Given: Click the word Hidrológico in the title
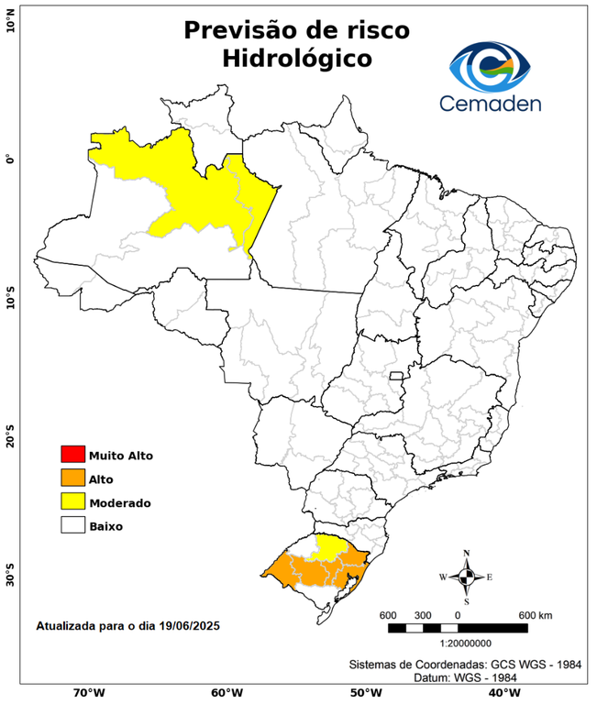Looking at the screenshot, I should (x=296, y=59).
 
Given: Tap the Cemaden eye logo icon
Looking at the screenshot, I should (x=495, y=62).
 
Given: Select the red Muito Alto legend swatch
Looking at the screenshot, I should (x=72, y=454).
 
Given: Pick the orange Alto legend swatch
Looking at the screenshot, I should (x=72, y=478).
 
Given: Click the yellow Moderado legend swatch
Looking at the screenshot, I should (x=72, y=501).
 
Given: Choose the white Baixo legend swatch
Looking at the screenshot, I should (x=72, y=525).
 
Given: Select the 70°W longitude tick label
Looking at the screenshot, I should (x=88, y=692).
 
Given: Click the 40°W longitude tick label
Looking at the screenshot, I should (x=501, y=692).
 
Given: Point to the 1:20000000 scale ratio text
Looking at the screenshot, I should (x=458, y=643).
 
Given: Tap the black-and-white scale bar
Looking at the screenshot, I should (x=458, y=628).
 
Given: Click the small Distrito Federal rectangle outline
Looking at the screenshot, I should (x=397, y=376).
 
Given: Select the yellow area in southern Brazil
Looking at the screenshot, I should (x=326, y=546).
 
